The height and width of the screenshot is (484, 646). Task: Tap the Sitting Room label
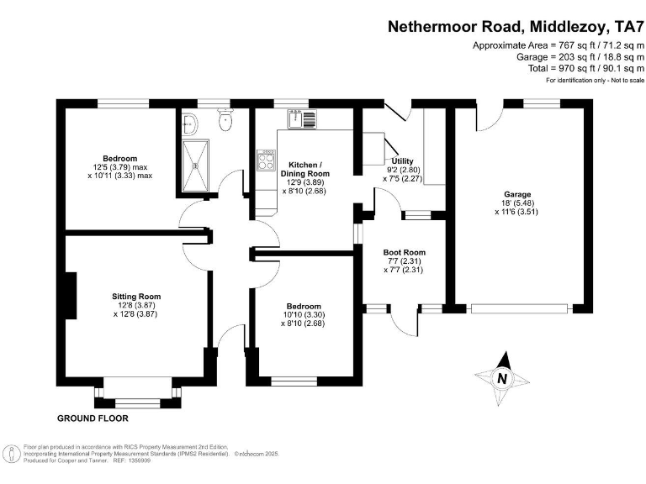(136, 297)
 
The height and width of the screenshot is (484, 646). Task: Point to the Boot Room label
(404, 252)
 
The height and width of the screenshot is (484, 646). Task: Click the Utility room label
(402, 160)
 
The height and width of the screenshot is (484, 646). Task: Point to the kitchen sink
(301, 119)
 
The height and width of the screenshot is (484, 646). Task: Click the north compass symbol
(501, 378)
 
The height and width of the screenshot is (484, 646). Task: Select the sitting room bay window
(137, 395)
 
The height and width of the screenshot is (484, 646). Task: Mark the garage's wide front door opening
(522, 308)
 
